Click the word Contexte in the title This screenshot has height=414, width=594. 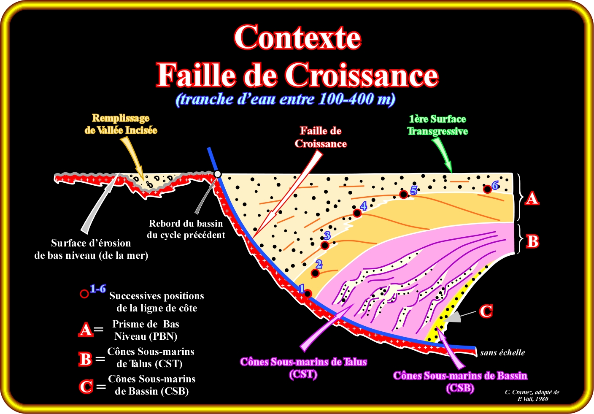(297, 38)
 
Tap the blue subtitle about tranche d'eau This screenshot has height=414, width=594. (286, 99)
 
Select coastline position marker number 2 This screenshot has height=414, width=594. (315, 273)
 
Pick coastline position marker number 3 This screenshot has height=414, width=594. (325, 245)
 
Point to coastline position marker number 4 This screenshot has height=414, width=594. (357, 213)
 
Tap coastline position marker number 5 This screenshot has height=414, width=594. (403, 195)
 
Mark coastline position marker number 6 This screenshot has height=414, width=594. (487, 189)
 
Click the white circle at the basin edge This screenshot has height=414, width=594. (218, 174)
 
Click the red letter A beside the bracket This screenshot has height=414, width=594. (532, 198)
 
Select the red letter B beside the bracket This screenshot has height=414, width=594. (532, 242)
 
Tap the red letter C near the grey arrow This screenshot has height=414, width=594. (486, 311)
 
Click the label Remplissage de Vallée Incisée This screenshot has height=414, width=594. (121, 124)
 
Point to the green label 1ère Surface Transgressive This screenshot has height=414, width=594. (437, 125)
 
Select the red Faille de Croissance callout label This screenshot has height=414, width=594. (321, 138)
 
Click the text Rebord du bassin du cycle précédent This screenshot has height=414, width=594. (186, 229)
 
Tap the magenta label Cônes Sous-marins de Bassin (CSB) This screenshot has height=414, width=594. (460, 382)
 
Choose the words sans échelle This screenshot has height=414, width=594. (502, 353)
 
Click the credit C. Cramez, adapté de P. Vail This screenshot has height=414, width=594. (532, 395)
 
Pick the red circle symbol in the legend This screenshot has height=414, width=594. (84, 294)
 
